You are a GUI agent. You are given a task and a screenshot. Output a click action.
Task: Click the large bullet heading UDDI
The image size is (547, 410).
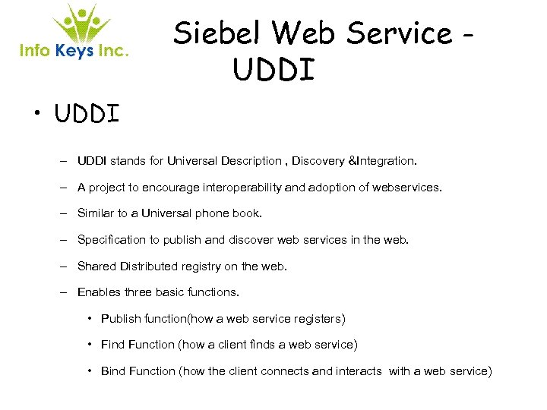(x=87, y=115)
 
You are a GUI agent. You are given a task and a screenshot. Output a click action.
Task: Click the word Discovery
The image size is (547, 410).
(x=318, y=161)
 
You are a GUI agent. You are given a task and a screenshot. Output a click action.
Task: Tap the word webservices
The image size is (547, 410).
(x=405, y=187)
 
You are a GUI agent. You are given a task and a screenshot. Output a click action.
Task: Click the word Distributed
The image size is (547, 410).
(x=150, y=266)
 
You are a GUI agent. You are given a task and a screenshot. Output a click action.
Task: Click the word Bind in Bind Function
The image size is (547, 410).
(x=113, y=371)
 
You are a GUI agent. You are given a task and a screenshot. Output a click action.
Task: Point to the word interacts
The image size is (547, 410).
(x=359, y=371)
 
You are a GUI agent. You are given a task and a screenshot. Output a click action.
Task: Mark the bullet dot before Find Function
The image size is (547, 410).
(x=90, y=345)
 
